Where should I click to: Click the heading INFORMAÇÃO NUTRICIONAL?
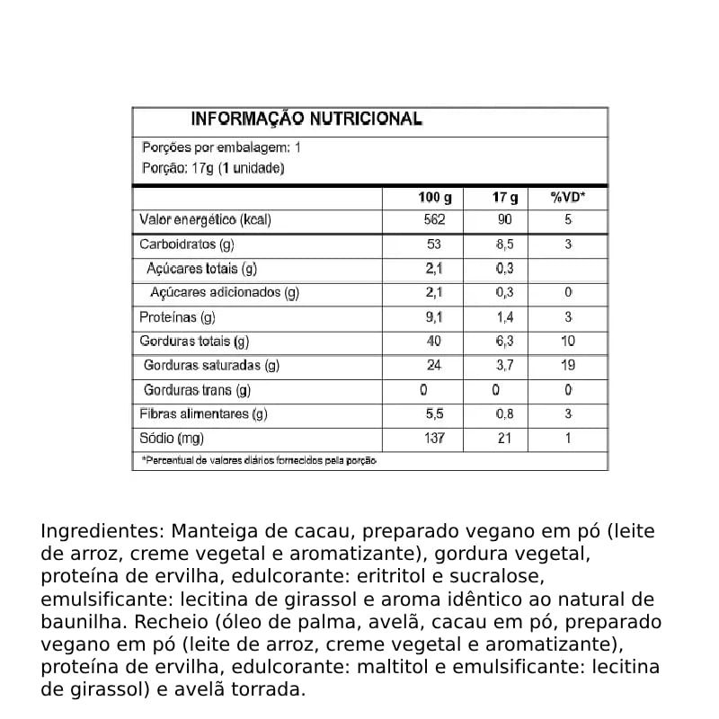pos(306,120)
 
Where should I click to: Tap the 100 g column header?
pos(435,198)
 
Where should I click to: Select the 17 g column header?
pos(506,198)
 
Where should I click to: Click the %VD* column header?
pos(568,198)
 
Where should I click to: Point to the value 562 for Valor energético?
pos(435,220)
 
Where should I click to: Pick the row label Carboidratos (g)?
pos(186,244)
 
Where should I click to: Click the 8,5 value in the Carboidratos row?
pos(505,244)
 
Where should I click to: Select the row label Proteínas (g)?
pos(177,317)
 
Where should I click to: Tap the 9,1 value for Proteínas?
pos(435,317)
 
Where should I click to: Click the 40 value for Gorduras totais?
pos(435,342)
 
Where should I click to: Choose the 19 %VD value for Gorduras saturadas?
pos(568,366)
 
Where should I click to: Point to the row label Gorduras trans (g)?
pos(197,390)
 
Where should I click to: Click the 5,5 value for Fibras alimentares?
pos(435,414)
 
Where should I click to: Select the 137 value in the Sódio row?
pos(435,439)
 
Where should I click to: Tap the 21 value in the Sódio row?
pos(505,439)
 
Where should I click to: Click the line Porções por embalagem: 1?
pos(221,147)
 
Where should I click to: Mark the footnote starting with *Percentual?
pos(259,460)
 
